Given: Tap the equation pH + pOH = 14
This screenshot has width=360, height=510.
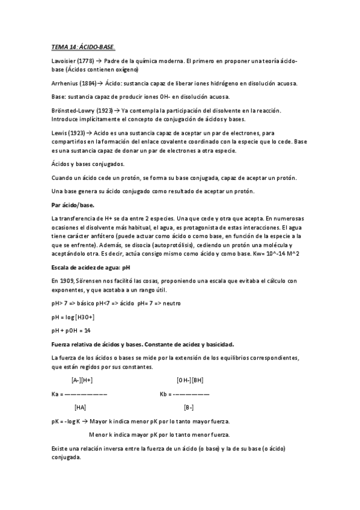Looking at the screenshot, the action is (x=71, y=330).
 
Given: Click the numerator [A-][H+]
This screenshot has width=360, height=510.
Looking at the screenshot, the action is (x=82, y=380).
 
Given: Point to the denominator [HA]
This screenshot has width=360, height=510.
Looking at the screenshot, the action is (x=80, y=407).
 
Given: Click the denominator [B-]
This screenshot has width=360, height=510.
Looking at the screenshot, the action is (x=189, y=407).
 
